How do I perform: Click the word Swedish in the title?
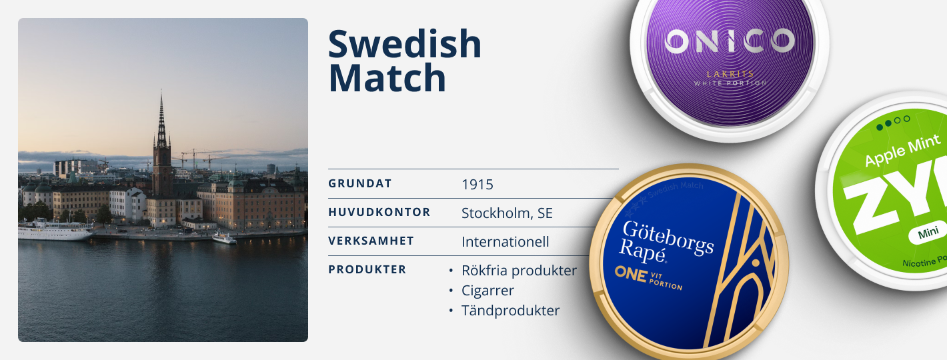pos(405,44)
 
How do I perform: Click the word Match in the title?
pos(387,77)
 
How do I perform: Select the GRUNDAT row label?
pos(359,184)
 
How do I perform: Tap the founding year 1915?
pos(478,185)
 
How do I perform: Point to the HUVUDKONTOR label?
pos(379,213)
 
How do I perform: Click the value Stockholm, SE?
pos(507,213)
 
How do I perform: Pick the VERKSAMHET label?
pos(371,241)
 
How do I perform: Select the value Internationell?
pos(505,241)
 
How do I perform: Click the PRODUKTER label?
pos(367,269)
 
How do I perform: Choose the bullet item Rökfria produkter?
pos(519,271)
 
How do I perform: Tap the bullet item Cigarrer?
pos(488,291)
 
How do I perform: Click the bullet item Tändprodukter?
pos(510,311)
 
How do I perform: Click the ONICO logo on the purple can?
pos(730,41)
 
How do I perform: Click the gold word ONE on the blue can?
pos(631,273)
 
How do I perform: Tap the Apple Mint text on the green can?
pos(902,152)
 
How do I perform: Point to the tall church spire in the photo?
pos(161,127)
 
